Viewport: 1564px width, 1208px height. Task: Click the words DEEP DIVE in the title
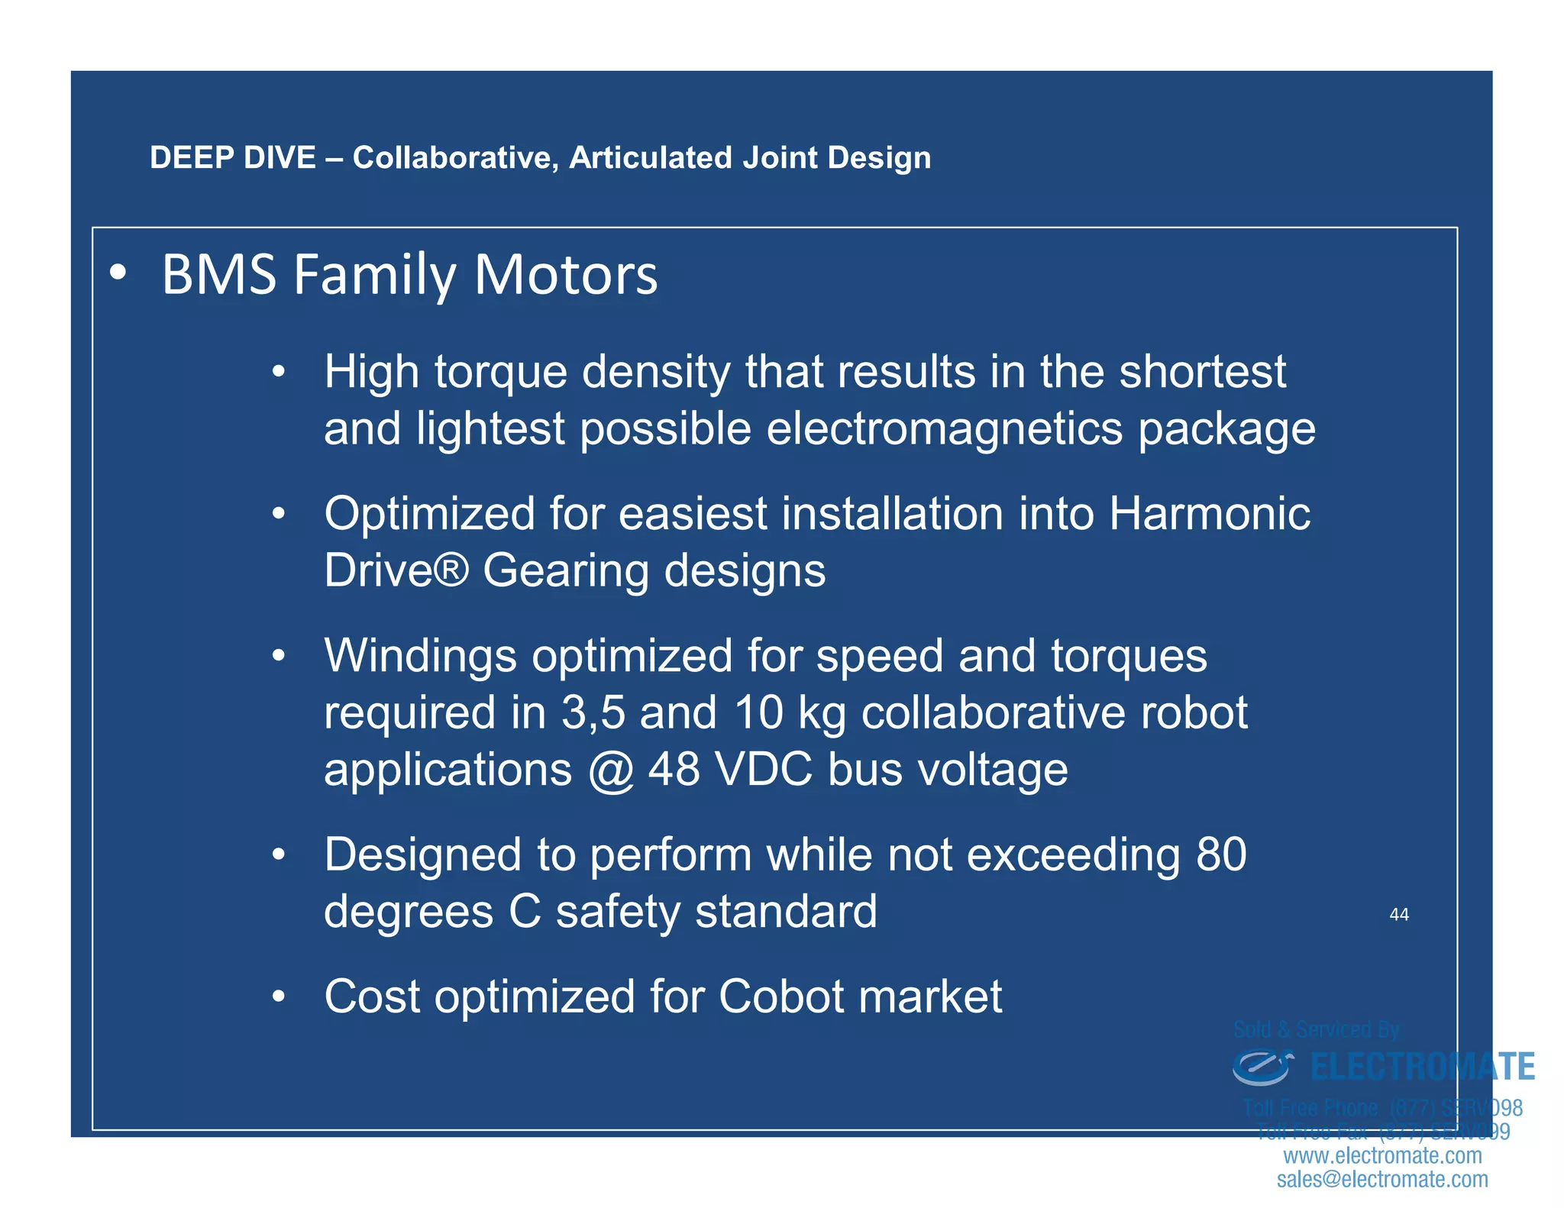tap(232, 158)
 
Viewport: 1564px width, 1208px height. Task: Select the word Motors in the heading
tap(565, 275)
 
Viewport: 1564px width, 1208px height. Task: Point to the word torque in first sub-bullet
tap(502, 373)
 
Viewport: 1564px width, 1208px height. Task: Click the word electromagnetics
tap(944, 428)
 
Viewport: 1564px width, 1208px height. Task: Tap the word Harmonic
tap(1210, 513)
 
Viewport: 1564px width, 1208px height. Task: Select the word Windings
tap(420, 656)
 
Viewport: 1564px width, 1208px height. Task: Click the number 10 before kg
tap(758, 712)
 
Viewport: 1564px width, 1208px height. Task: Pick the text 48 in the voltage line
tap(674, 769)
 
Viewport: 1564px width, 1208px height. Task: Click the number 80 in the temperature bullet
tap(1221, 854)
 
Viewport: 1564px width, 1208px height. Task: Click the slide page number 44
tap(1398, 915)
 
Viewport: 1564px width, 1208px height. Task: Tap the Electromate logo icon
tap(1262, 1067)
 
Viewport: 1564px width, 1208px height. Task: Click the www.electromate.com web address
tap(1382, 1155)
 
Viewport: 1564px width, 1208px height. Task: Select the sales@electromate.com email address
tap(1382, 1179)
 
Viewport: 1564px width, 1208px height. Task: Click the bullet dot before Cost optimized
tap(280, 996)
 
